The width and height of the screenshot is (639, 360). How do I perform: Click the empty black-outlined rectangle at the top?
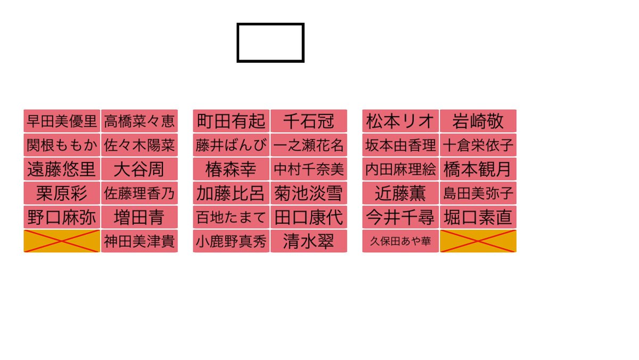point(271,43)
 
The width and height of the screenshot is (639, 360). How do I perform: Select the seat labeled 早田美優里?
point(62,121)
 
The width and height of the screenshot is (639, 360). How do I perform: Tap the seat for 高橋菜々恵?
point(139,121)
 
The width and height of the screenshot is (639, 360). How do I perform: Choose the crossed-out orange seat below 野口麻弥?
point(62,241)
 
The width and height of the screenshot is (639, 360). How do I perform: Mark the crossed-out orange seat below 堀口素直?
point(478,241)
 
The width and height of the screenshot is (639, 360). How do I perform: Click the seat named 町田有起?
point(231,121)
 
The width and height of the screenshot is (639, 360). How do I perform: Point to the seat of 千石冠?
point(308,121)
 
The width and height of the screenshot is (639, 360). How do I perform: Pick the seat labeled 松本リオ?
point(400,121)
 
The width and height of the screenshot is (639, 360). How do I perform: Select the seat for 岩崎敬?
point(478,121)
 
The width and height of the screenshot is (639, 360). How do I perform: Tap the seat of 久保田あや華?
point(400,241)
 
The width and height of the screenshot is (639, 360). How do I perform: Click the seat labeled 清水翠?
point(308,241)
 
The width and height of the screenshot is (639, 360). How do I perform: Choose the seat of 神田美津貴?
point(139,241)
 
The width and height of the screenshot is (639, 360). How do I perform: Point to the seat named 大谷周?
point(139,169)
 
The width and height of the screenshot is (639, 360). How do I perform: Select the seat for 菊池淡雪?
point(308,193)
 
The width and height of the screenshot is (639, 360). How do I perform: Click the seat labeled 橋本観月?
point(478,169)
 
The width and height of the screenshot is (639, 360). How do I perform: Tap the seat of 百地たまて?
point(231,217)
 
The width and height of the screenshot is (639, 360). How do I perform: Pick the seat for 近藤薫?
point(400,193)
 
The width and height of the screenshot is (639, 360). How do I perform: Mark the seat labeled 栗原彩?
point(62,193)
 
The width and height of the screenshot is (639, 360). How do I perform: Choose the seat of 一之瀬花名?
point(308,145)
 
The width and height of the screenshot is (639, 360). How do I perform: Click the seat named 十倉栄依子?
point(478,145)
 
